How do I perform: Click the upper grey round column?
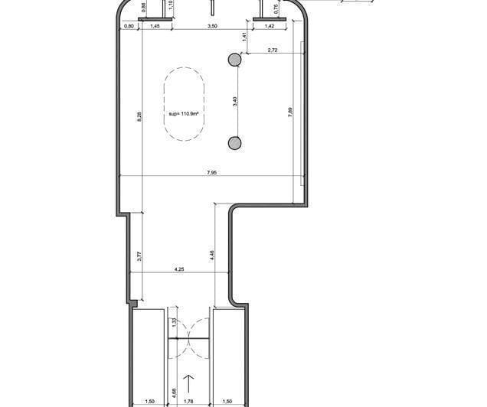click(234, 59)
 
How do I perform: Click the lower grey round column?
click(234, 142)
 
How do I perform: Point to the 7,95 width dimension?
click(211, 173)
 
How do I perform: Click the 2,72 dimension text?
click(272, 51)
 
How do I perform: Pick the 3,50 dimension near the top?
click(212, 27)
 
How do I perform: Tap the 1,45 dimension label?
click(154, 27)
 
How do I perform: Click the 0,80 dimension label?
click(129, 27)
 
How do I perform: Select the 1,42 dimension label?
click(270, 27)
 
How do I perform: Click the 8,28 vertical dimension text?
click(139, 116)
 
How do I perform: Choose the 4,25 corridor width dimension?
click(178, 269)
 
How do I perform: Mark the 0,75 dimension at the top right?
click(275, 9)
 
